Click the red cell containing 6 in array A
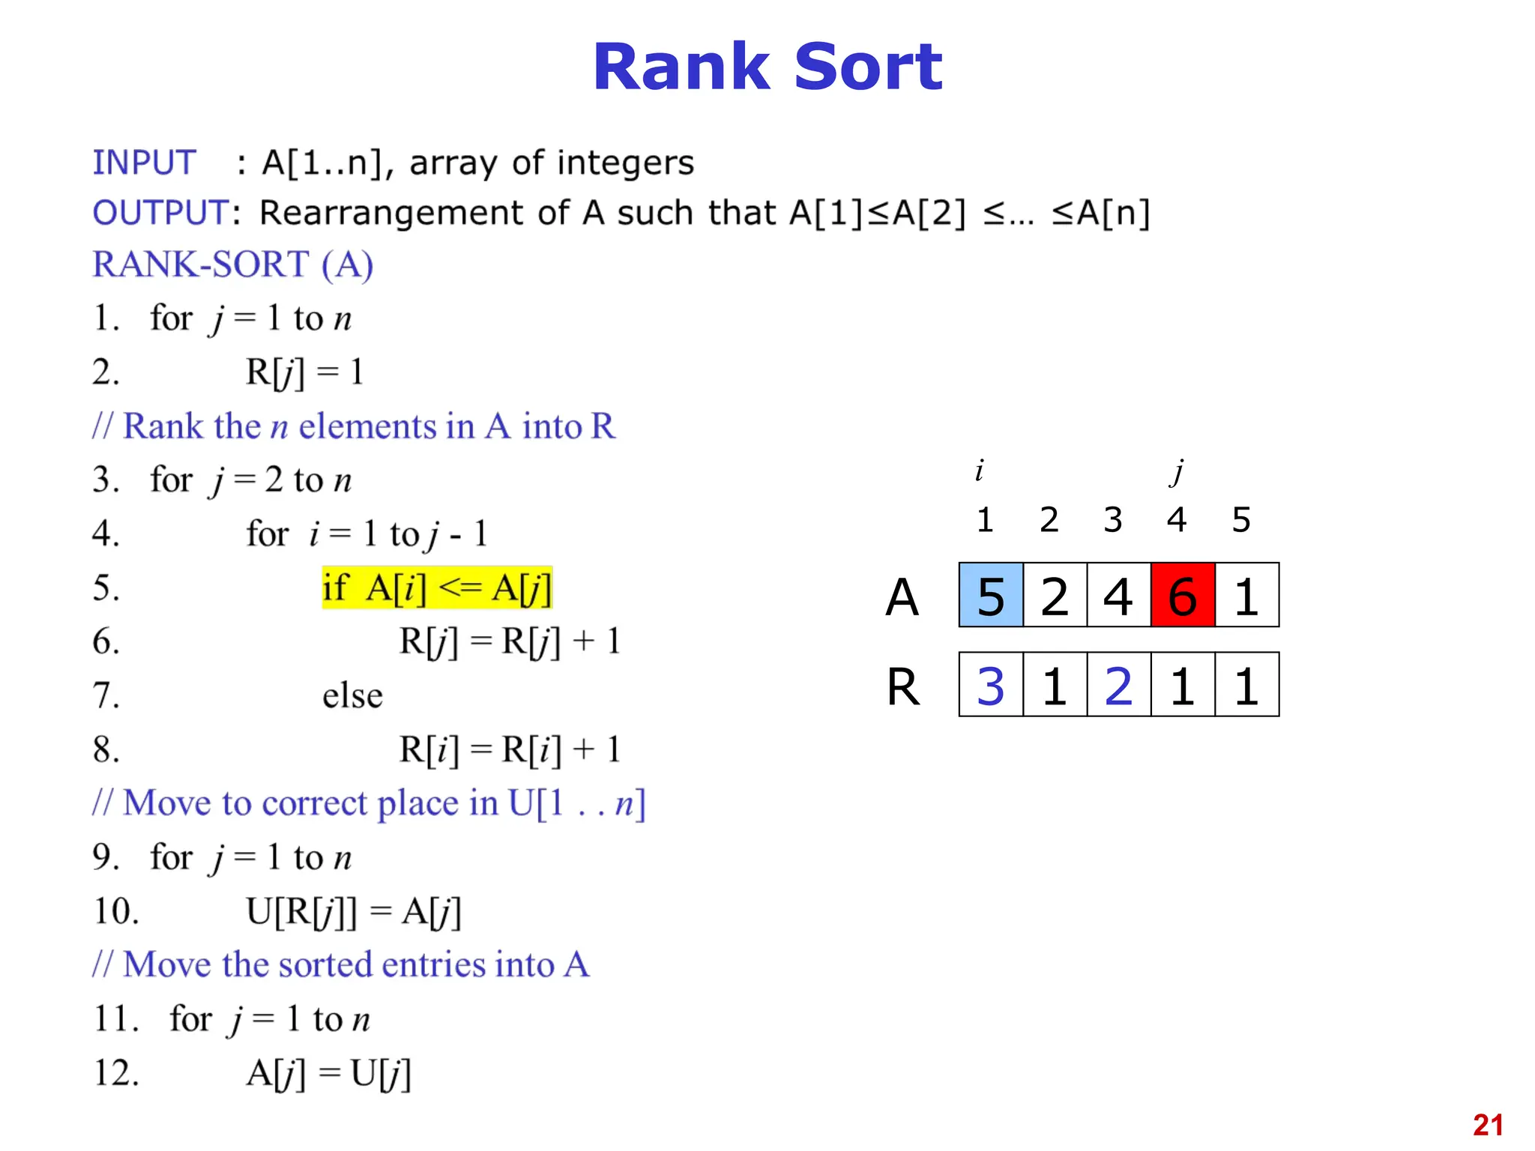tap(1182, 595)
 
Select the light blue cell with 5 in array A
tap(991, 595)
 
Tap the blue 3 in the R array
tap(991, 685)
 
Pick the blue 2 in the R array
tap(1118, 685)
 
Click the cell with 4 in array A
tap(1118, 595)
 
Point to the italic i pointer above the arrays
tap(979, 471)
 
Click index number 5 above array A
tap(1241, 519)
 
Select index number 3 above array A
tap(1113, 519)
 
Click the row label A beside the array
tap(902, 597)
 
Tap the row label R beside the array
tap(903, 686)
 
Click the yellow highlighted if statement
tap(437, 587)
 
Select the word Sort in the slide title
tap(867, 67)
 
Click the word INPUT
tap(144, 163)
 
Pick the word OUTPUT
tap(160, 213)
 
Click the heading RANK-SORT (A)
tap(232, 265)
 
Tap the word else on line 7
tap(352, 695)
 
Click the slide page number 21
tap(1488, 1125)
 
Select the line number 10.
tap(116, 911)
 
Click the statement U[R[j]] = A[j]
tap(353, 912)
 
